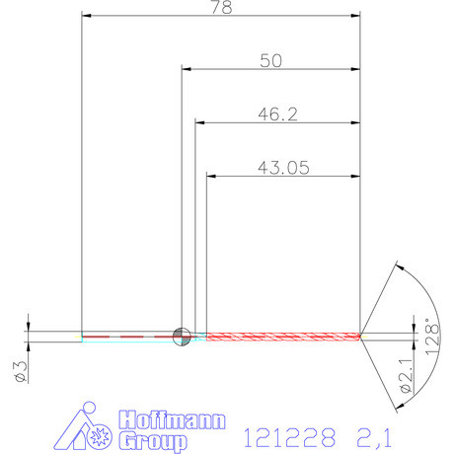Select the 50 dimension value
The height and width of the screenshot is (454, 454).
tap(270, 61)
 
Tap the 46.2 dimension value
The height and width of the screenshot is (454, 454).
tap(277, 114)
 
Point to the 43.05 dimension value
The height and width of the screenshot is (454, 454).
tap(283, 168)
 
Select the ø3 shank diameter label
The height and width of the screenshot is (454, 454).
tap(17, 371)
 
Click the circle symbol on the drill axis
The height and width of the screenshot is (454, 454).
tap(182, 337)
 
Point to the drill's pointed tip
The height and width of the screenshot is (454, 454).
tap(361, 337)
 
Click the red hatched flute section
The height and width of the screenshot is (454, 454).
tap(281, 337)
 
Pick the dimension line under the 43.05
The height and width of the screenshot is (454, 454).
tap(283, 177)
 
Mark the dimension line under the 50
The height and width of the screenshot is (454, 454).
tap(271, 70)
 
